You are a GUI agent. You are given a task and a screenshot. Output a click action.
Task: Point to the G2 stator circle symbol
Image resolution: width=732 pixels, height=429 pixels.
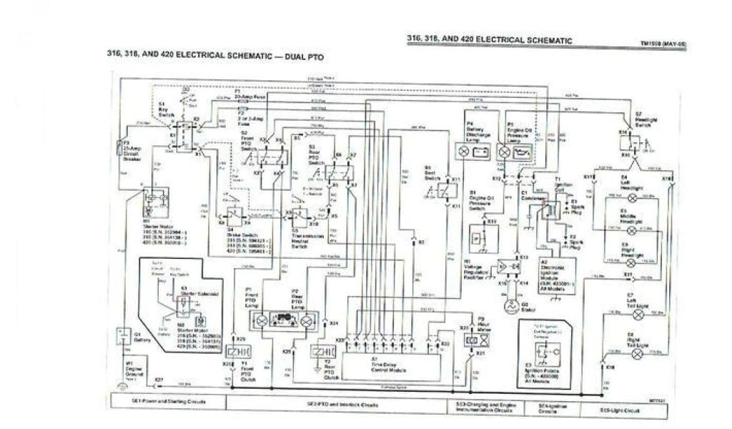(x=509, y=305)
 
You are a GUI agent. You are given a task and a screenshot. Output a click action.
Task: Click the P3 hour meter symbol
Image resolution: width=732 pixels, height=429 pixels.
(x=470, y=340)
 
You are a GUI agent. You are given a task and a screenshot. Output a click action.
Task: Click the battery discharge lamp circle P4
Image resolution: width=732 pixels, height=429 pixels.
(x=463, y=152)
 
